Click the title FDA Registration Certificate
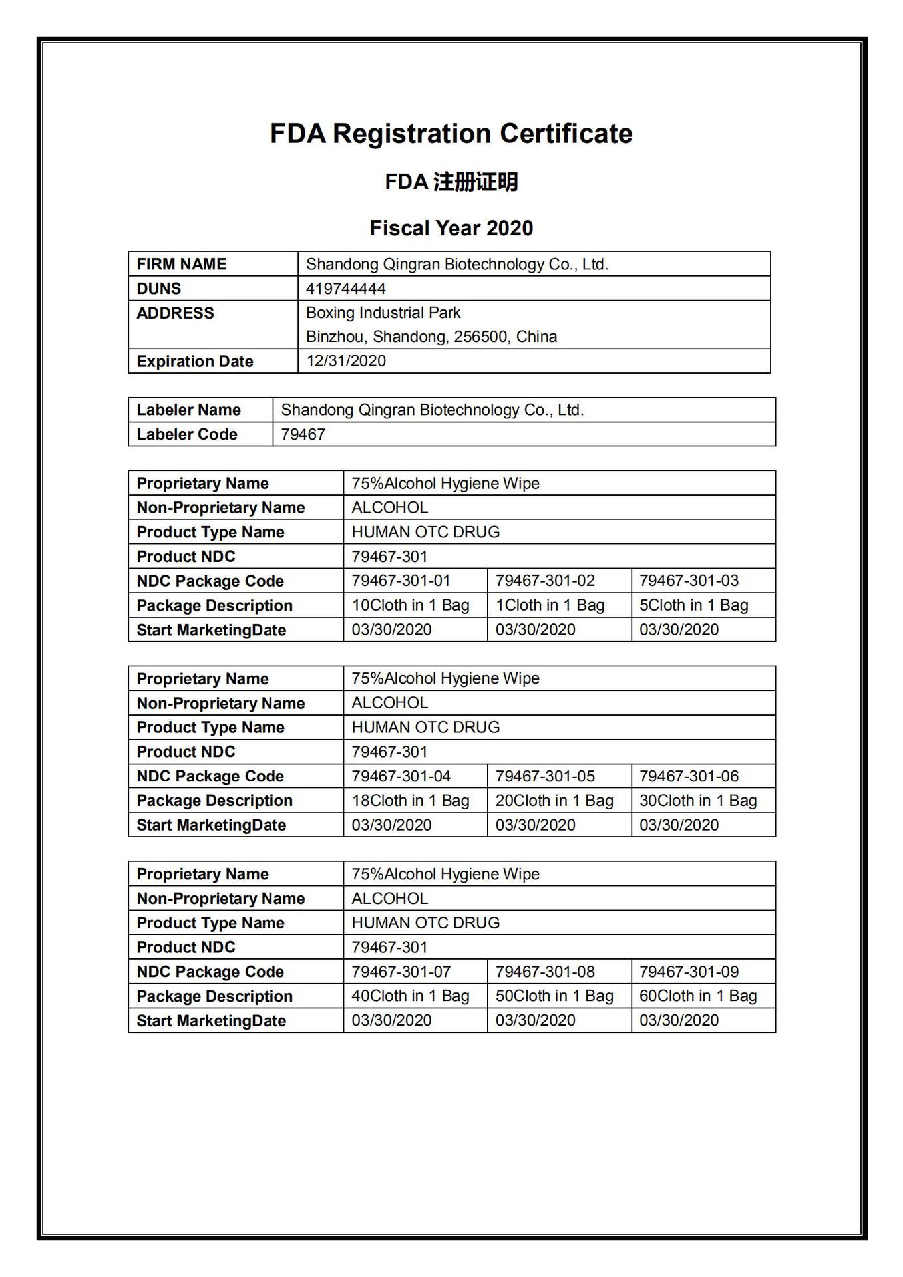tap(451, 134)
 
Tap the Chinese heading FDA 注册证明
tap(451, 182)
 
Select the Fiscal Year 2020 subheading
tap(451, 229)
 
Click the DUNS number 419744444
tap(346, 289)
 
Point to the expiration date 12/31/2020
tap(346, 361)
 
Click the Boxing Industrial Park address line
tap(383, 313)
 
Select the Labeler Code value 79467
tap(303, 434)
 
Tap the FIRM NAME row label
tap(182, 264)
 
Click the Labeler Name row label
tap(188, 410)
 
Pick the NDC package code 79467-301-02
tap(545, 581)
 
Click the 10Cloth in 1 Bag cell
tap(411, 605)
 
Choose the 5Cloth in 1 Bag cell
tap(694, 605)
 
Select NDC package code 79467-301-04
tap(401, 776)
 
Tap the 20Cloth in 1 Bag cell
tap(554, 801)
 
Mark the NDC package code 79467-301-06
tap(689, 776)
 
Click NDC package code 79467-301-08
tap(545, 972)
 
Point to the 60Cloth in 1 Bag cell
tap(698, 996)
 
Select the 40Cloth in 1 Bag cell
tap(411, 996)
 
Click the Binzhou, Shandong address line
tap(431, 337)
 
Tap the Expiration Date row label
tap(195, 362)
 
